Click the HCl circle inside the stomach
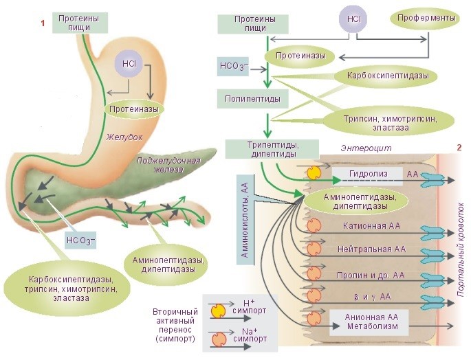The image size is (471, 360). tap(129, 64)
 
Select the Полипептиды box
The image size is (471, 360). tap(252, 98)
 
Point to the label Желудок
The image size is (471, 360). tap(124, 137)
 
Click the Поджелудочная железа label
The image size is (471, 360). tap(168, 165)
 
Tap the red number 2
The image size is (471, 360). tap(458, 148)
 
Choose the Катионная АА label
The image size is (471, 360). tap(371, 225)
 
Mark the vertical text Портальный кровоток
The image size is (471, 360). tap(461, 251)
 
